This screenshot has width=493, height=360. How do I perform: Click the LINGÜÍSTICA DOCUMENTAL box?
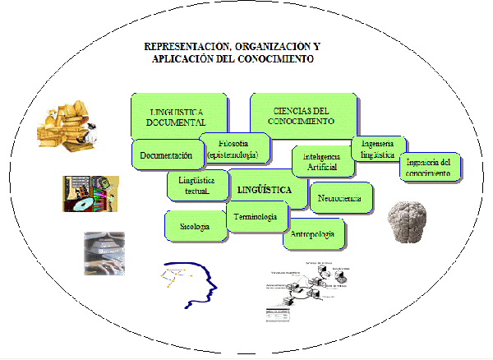pos(177,116)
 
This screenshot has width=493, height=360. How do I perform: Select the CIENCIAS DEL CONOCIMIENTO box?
pos(302,115)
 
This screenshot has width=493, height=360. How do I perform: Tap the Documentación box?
pos(165,154)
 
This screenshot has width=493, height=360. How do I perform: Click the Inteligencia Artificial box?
pos(322,161)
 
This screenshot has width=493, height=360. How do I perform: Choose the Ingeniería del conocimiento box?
pos(429,167)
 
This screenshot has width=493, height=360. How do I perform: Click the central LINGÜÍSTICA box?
pos(264,190)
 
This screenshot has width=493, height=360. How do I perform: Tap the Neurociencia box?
pos(341,198)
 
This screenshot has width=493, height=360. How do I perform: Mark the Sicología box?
pos(195,226)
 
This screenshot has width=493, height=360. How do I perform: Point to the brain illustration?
pos(410,221)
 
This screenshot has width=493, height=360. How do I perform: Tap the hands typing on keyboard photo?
pos(104,252)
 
